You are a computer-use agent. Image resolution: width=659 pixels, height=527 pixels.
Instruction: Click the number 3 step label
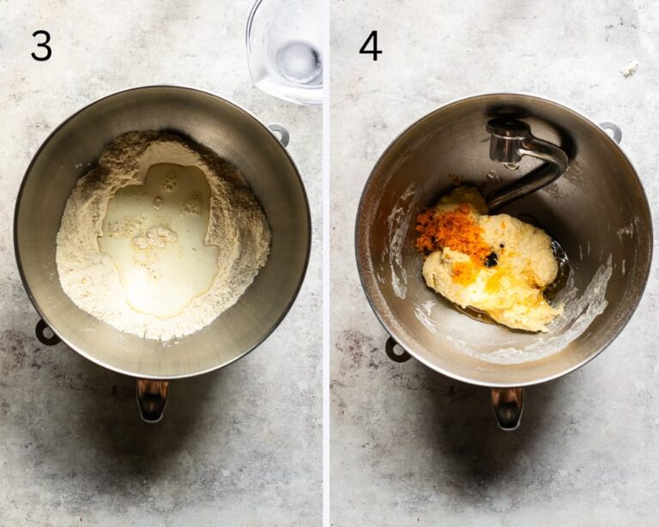[41, 45]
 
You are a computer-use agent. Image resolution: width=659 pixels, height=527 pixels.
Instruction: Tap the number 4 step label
[371, 45]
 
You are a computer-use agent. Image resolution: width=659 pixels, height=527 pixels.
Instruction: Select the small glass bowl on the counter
[285, 51]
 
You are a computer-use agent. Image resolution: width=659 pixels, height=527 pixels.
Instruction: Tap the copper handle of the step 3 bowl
[152, 400]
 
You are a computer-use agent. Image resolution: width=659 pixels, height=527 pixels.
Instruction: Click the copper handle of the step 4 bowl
[507, 408]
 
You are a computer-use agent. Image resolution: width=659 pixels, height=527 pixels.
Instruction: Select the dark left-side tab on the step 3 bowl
[45, 332]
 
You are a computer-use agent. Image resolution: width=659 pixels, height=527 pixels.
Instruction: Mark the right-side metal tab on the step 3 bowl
[279, 134]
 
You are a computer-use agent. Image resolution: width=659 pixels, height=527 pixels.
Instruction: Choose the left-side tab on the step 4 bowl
[396, 349]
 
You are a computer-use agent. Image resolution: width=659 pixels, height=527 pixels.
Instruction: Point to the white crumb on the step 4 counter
[629, 68]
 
